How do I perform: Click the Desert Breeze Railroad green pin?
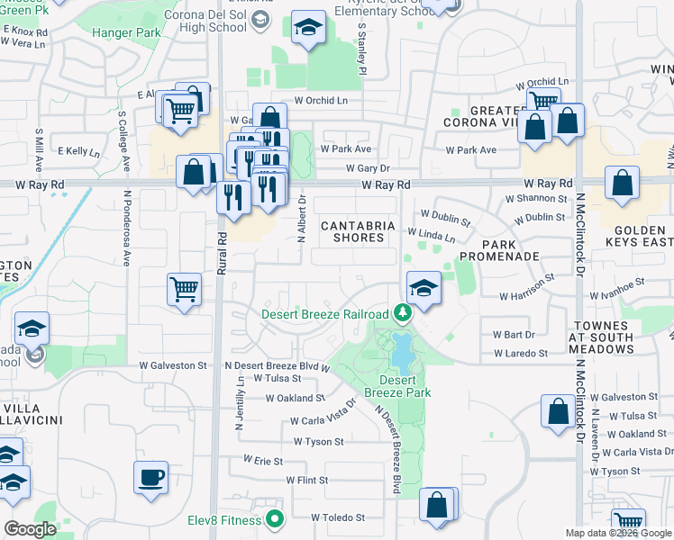[403, 314]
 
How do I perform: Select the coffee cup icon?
[150, 476]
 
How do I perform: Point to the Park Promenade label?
[511, 250]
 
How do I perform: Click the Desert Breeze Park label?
[398, 386]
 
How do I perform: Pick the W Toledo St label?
[338, 517]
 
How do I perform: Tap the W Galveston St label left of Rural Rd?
[173, 365]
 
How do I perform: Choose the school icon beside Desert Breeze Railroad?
[424, 288]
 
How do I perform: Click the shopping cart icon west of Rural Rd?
[184, 290]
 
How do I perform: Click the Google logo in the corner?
[31, 529]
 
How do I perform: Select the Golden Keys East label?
[645, 236]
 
